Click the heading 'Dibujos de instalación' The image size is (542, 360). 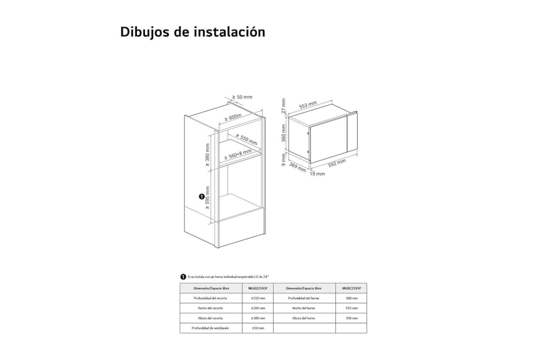(x=192, y=32)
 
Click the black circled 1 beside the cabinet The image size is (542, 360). (x=202, y=197)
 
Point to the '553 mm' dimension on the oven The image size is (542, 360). (x=308, y=106)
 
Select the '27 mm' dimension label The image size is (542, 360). (x=284, y=106)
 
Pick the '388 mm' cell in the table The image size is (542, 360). (x=351, y=298)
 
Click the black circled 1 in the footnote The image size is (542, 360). (x=182, y=277)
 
